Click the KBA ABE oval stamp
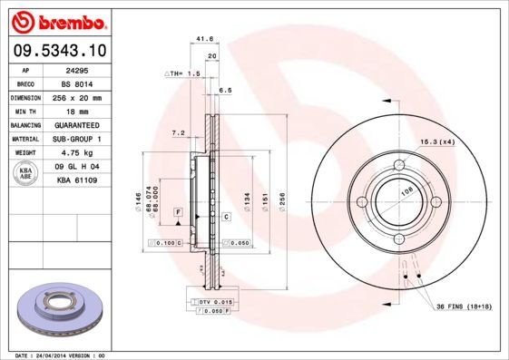point(24,173)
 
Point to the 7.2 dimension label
point(178,133)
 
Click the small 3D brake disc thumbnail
point(57,308)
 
